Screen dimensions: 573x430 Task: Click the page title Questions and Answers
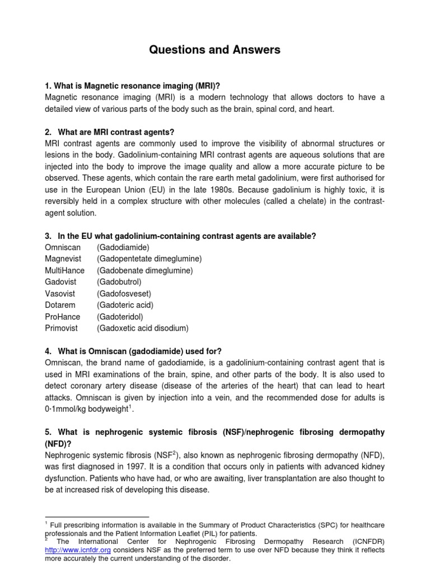pos(214,50)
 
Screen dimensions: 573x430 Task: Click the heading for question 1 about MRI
pos(132,86)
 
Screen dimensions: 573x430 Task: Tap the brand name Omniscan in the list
pos(63,247)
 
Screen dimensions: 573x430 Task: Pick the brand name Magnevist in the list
pos(63,259)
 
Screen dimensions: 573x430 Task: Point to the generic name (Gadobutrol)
pos(119,282)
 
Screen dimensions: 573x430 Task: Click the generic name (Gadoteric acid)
pos(125,305)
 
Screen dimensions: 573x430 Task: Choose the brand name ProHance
pos(62,317)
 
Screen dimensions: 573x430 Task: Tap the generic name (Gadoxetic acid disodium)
pos(143,328)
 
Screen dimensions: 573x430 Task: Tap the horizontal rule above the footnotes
pos(96,517)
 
